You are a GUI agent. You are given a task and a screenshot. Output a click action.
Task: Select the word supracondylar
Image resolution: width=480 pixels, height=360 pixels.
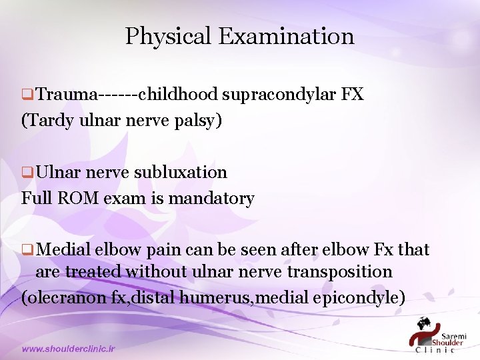(x=279, y=95)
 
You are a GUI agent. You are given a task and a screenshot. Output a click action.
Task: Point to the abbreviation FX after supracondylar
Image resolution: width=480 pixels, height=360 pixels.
(x=352, y=94)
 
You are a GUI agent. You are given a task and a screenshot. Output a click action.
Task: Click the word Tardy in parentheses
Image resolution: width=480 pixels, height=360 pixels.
(x=45, y=121)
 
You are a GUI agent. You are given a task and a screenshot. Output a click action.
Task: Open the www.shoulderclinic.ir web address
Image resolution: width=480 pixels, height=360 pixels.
(x=69, y=349)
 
